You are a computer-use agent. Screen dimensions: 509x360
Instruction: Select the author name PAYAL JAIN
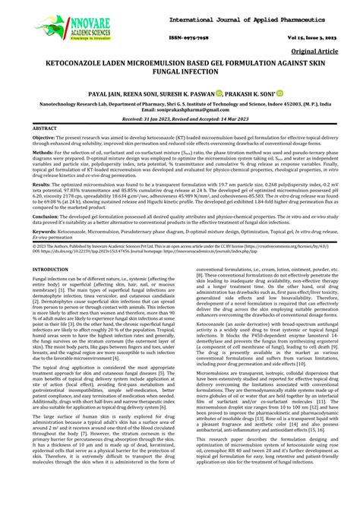(x=106, y=94)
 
